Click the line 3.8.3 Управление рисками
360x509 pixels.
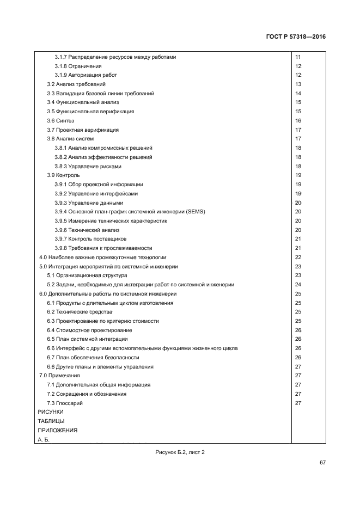tap(87, 166)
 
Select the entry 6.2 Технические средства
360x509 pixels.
tap(80, 312)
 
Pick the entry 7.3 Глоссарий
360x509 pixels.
tap(65, 403)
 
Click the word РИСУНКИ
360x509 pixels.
tap(51, 412)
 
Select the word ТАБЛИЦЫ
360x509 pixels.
tap(51, 421)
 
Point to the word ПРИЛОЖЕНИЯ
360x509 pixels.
tap(57, 430)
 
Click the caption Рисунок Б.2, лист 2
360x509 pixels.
tap(179, 452)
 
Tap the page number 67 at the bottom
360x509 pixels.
tap(322, 463)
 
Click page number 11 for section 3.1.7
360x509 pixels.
tap(298, 57)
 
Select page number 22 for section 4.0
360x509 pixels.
tap(298, 257)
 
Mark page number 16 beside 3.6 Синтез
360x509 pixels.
tap(298, 121)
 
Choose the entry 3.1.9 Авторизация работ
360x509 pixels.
tap(86, 75)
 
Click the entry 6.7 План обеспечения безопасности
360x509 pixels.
tap(93, 358)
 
